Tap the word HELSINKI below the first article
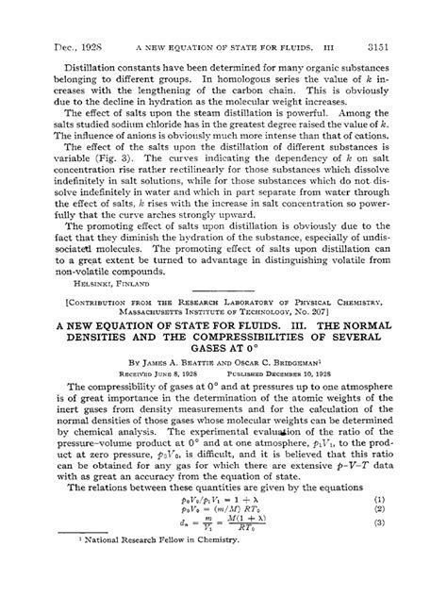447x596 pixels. tap(75, 281)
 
